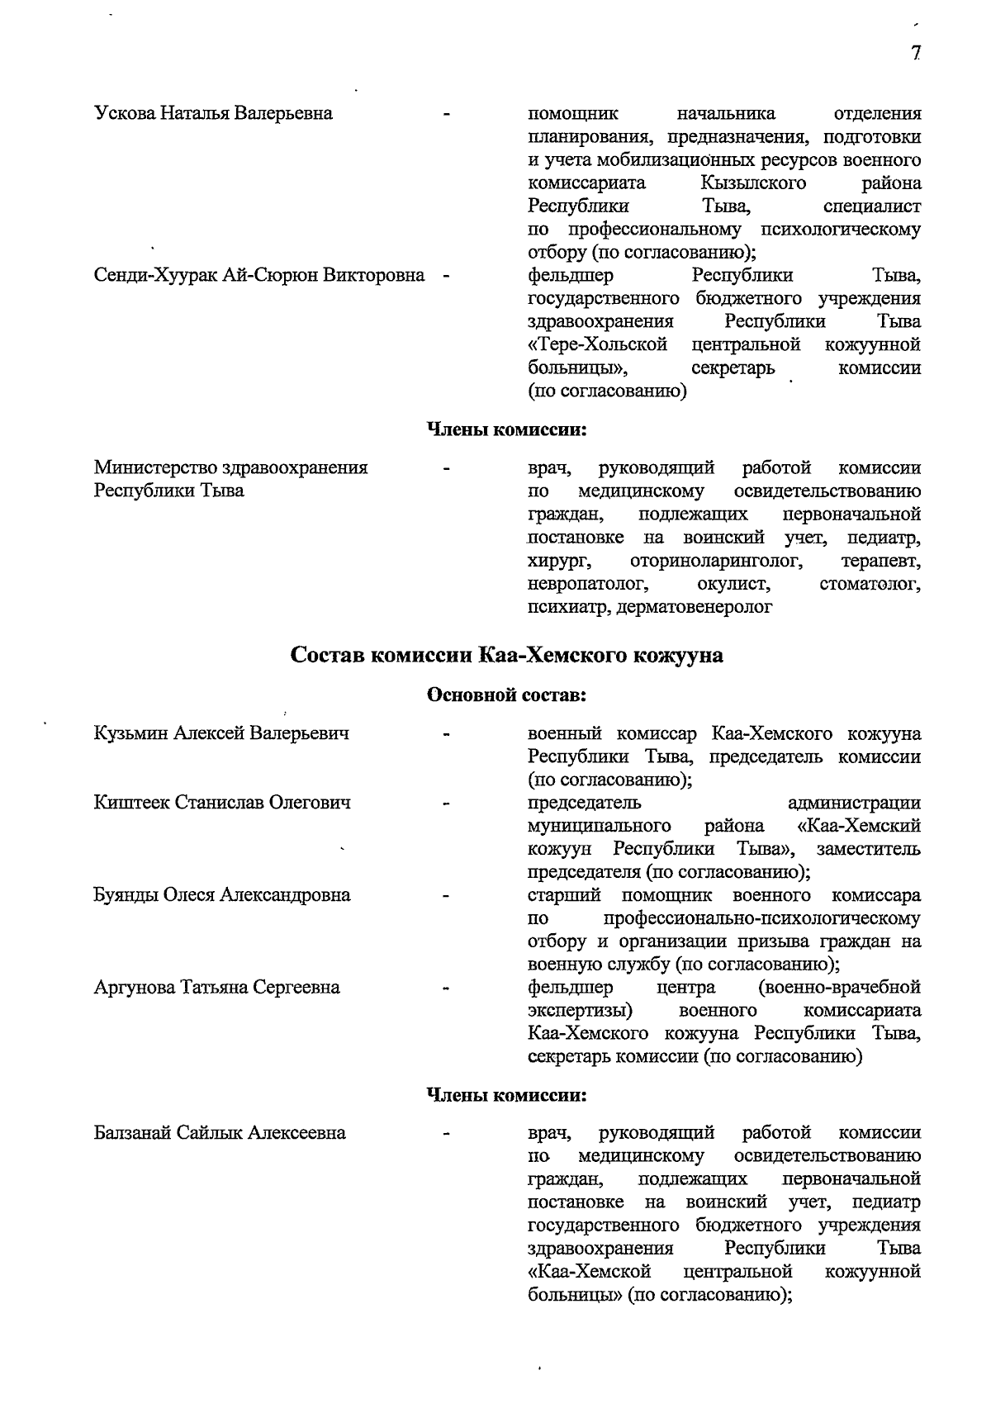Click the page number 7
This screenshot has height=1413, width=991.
[x=916, y=54]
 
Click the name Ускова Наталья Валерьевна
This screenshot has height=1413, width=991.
[x=213, y=113]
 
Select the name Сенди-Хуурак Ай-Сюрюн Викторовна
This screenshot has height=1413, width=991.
[x=259, y=275]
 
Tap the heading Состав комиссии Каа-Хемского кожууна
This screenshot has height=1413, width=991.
[x=506, y=656]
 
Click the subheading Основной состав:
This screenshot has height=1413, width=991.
[x=505, y=695]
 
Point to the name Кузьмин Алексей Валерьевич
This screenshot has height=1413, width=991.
[x=221, y=733]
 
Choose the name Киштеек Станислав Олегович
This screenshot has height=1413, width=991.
[x=222, y=803]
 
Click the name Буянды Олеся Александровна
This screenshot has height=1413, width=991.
[x=222, y=895]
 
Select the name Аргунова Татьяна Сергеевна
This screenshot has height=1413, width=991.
[x=216, y=988]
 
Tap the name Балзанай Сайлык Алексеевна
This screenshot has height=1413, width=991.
[x=220, y=1133]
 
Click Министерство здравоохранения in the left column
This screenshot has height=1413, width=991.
[x=231, y=468]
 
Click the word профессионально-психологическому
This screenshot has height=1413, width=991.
[x=761, y=918]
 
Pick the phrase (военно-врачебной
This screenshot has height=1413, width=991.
[x=838, y=988]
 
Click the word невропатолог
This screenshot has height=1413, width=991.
[x=586, y=585]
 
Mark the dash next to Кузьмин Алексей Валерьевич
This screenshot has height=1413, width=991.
[x=447, y=733]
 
